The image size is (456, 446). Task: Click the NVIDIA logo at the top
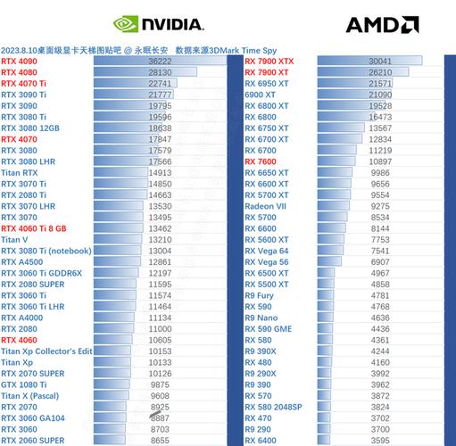[158, 24]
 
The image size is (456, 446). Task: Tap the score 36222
[160, 61]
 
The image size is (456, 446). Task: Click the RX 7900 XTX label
[276, 61]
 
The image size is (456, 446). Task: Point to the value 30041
[404, 61]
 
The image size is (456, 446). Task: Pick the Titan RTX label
[20, 173]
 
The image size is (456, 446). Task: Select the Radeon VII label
[266, 206]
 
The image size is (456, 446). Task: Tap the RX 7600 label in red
[261, 161]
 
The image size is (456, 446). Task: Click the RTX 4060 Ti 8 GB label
[34, 228]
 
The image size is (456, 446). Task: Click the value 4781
[405, 295]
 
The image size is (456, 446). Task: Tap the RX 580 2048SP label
[273, 407]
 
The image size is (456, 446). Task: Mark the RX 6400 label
[261, 440]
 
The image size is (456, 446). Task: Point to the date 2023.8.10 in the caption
[20, 49]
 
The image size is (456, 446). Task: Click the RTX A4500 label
[22, 262]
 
